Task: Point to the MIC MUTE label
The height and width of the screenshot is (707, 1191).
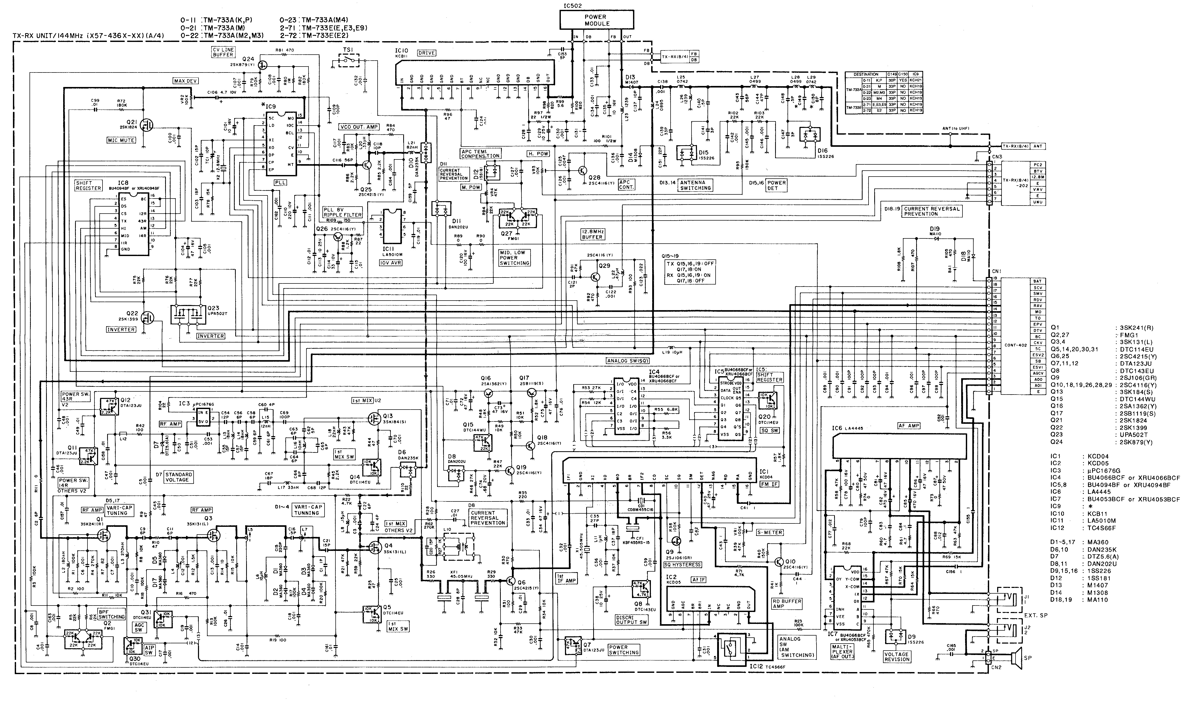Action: coord(121,140)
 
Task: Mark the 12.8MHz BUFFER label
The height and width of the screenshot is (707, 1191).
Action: coord(592,234)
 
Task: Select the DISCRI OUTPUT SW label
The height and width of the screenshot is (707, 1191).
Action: coord(631,620)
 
